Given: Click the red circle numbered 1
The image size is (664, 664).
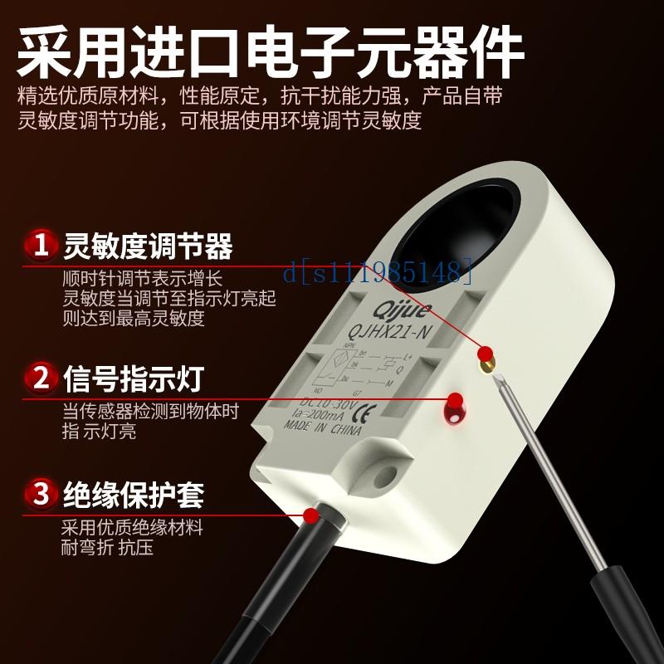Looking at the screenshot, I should click(x=38, y=246).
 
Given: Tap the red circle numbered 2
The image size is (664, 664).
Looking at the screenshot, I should click(x=38, y=379).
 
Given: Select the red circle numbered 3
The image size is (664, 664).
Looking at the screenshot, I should click(x=38, y=495).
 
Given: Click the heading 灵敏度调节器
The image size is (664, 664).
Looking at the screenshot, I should click(x=148, y=247).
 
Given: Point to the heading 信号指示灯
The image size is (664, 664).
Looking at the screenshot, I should click(x=135, y=379).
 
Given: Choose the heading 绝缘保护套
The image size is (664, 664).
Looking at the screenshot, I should click(x=134, y=496).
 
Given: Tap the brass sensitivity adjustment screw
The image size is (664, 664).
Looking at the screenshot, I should click(x=484, y=357).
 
